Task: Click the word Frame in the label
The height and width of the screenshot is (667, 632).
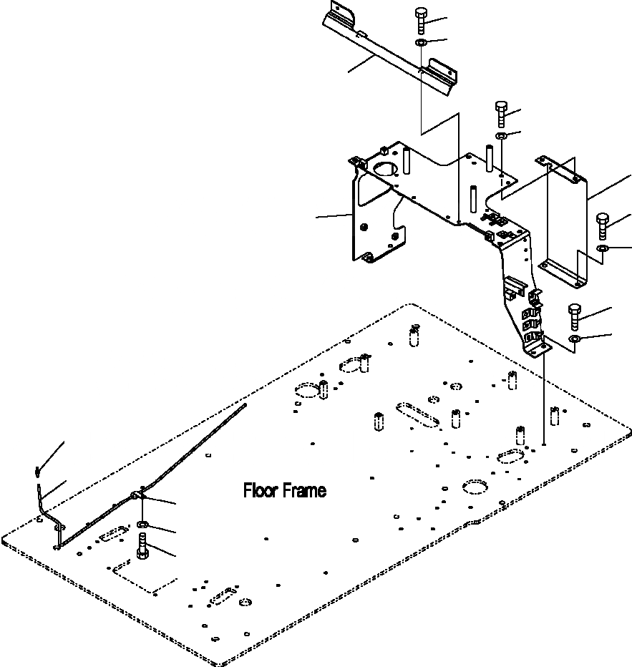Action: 304,491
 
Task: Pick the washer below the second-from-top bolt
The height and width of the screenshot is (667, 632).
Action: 501,136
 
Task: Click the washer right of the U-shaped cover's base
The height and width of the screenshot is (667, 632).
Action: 603,248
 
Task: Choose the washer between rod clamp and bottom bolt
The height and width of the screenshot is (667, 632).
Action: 142,527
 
